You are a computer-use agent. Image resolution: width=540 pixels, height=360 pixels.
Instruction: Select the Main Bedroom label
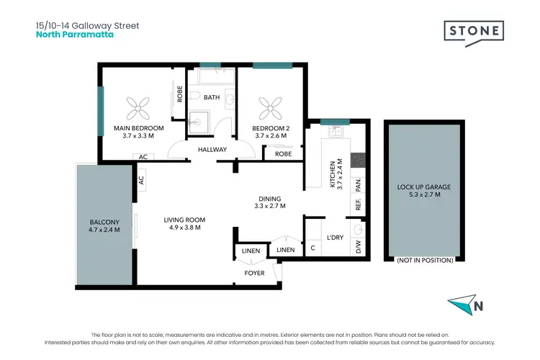click(138, 128)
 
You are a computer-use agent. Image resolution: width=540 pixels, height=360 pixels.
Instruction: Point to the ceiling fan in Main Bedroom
click(138, 107)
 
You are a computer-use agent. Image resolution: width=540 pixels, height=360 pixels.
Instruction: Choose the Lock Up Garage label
click(424, 187)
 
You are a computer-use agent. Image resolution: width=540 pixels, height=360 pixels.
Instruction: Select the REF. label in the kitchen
click(358, 205)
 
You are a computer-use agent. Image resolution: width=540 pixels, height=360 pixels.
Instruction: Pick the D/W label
click(358, 248)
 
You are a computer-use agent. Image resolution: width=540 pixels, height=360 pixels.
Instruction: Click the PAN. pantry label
click(358, 185)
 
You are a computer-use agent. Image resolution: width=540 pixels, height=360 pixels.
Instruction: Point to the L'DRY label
click(334, 237)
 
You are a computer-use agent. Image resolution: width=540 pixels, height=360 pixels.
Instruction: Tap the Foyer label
click(254, 273)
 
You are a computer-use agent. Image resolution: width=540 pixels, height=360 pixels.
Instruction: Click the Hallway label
click(212, 150)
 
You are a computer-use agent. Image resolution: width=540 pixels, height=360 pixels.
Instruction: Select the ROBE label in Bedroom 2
click(283, 153)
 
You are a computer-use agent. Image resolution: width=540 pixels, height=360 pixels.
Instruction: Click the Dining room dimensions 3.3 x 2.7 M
click(270, 206)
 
